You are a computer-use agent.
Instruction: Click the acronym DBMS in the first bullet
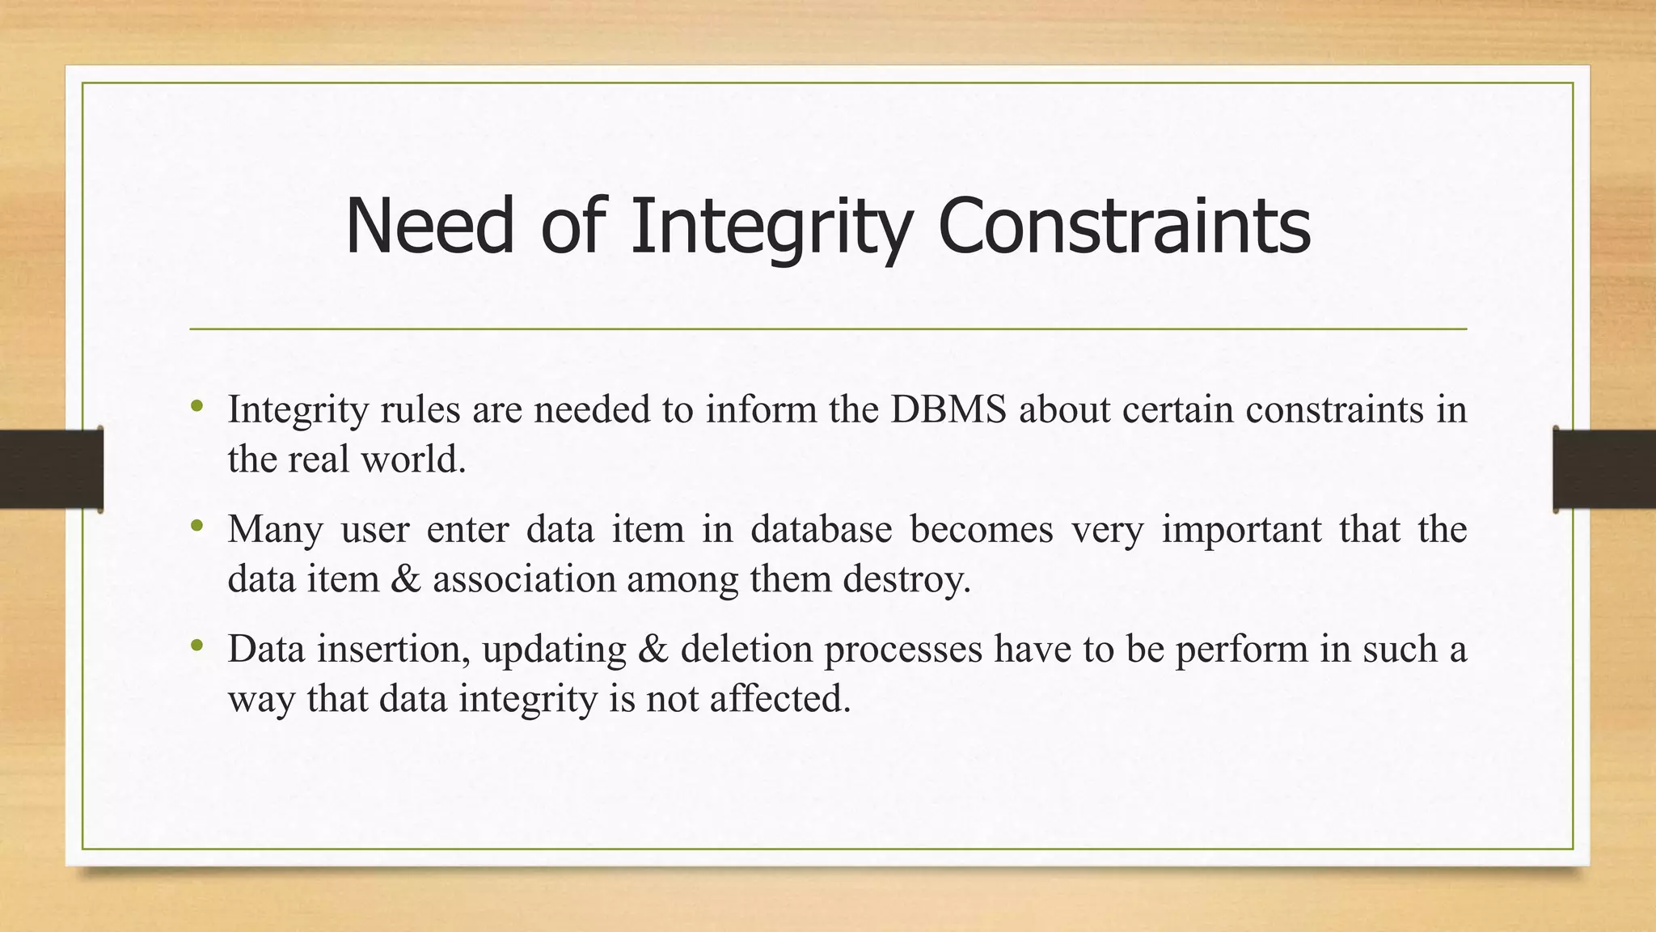point(948,409)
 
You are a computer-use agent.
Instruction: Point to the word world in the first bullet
point(413,460)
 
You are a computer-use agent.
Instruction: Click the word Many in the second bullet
point(275,530)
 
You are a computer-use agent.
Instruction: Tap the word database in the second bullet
point(821,530)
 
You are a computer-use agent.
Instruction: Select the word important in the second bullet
point(1240,530)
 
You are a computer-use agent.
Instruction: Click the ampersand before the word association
point(406,579)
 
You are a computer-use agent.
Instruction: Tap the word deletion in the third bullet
point(746,649)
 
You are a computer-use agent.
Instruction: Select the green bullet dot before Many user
point(196,527)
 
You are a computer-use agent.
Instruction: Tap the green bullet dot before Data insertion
point(196,646)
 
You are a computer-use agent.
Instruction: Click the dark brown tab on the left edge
point(51,469)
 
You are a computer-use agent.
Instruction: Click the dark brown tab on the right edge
point(1604,469)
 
